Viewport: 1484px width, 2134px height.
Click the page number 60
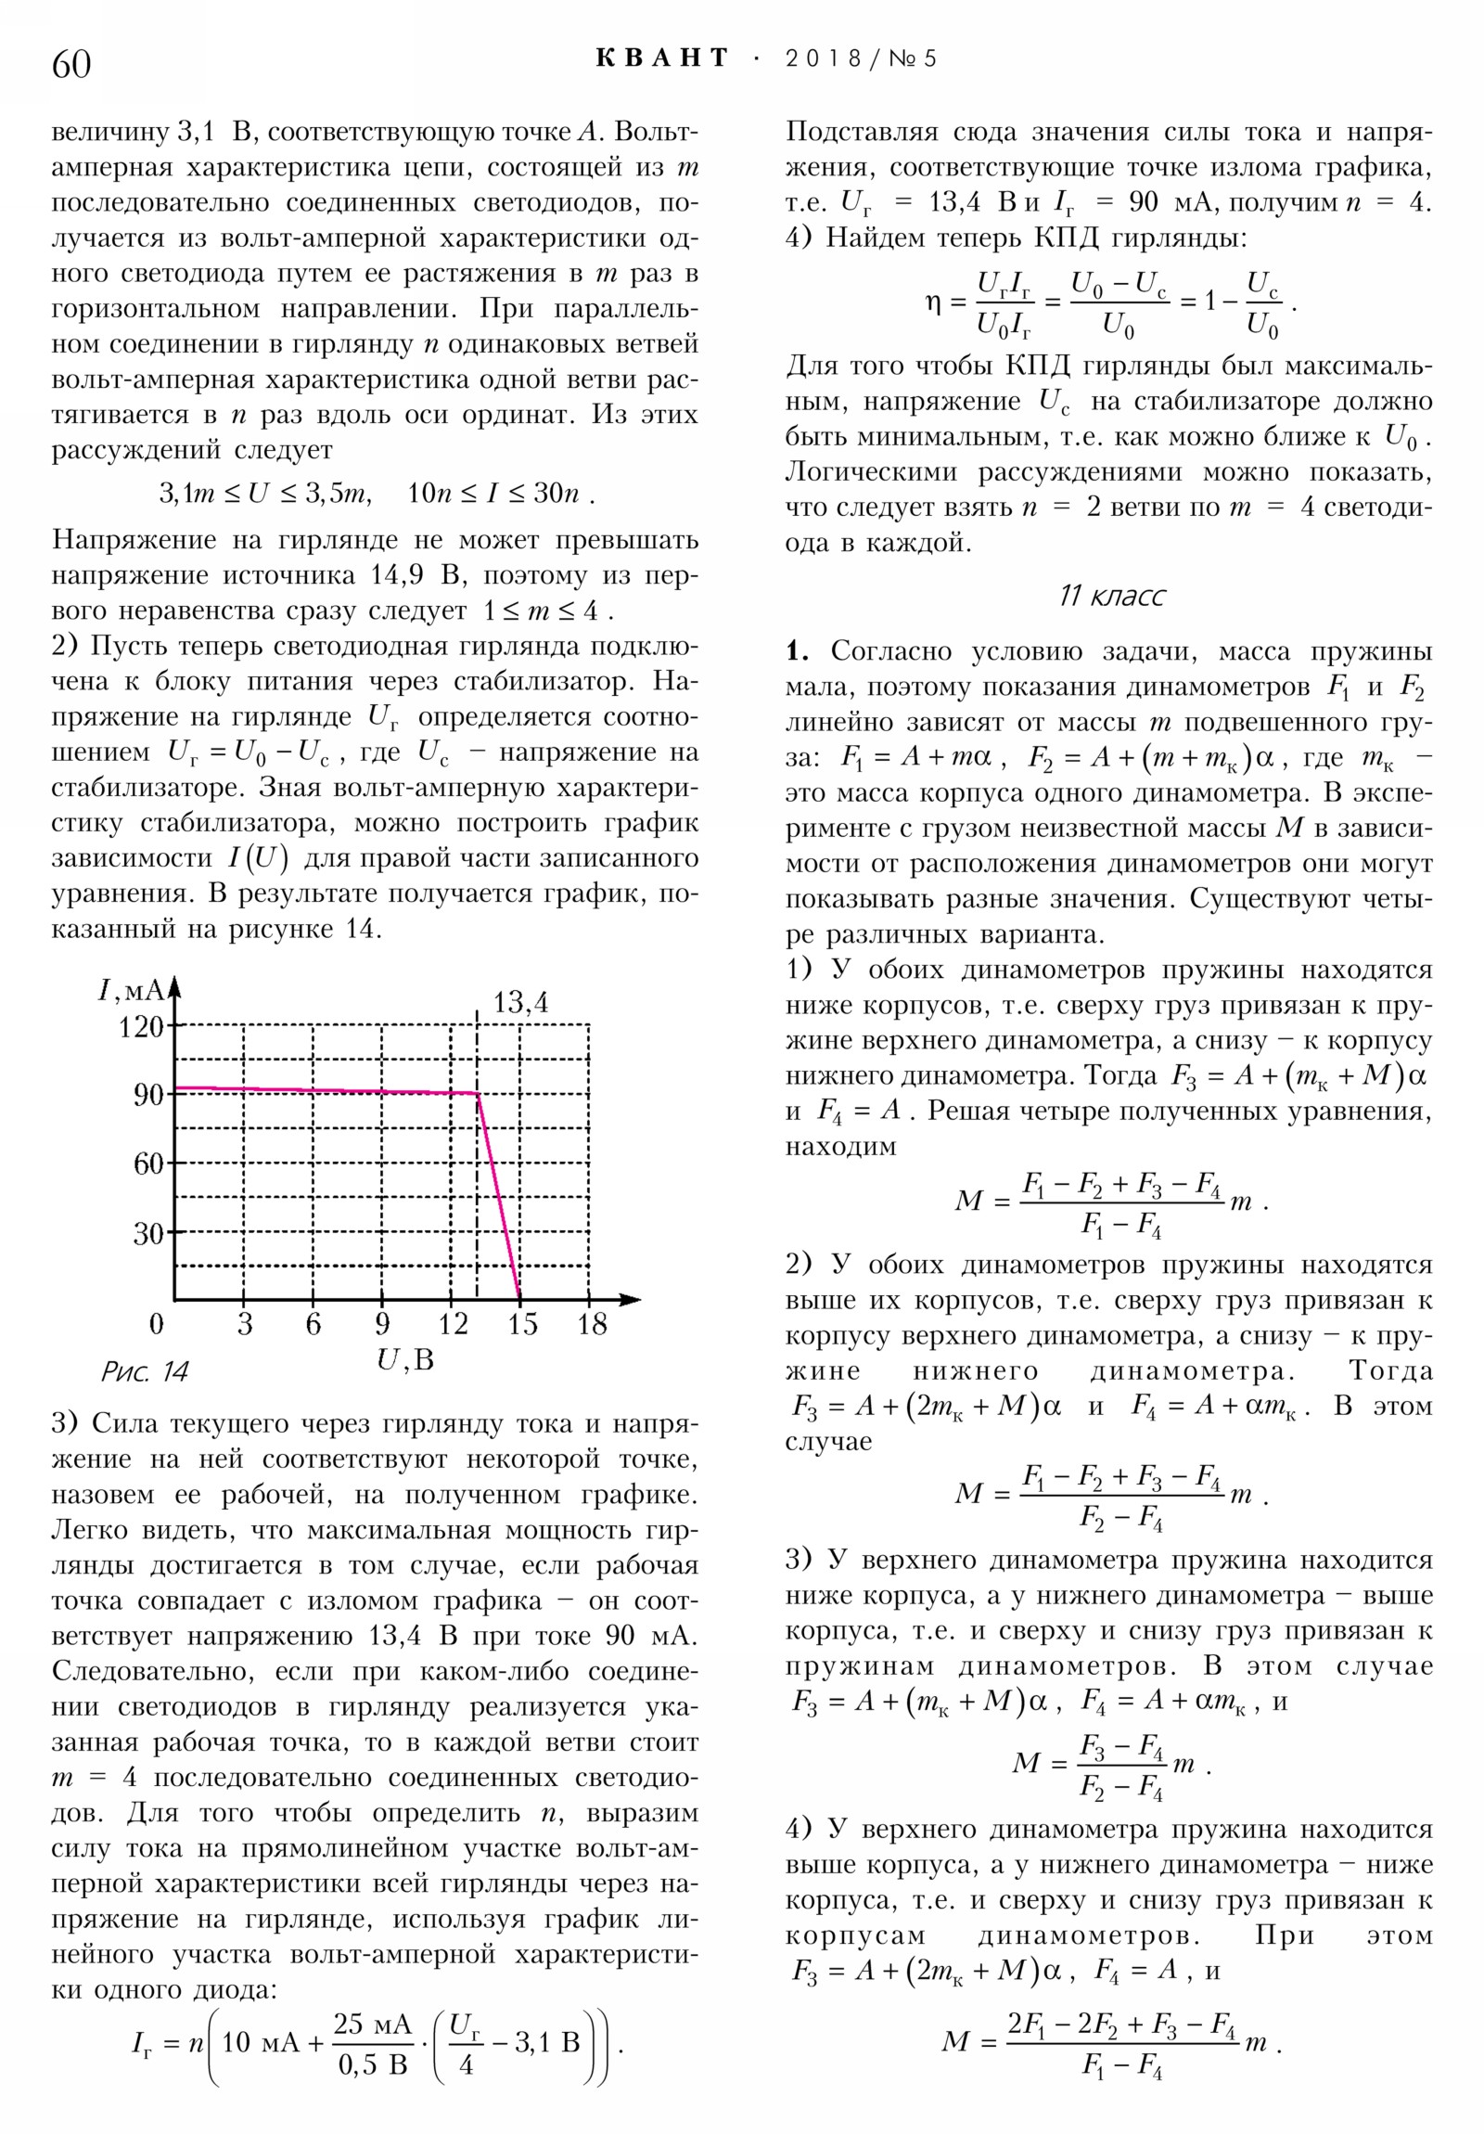click(70, 64)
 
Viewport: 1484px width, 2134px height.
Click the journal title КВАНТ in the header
click(661, 58)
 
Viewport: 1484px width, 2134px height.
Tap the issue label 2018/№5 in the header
click(861, 58)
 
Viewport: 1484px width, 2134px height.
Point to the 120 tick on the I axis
click(141, 1026)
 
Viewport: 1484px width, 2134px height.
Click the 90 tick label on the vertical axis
click(148, 1095)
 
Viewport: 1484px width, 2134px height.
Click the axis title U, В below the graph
click(405, 1360)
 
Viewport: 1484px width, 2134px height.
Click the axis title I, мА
click(131, 989)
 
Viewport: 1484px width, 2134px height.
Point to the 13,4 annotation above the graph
click(520, 1002)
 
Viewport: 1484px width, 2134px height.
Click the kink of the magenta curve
click(478, 1093)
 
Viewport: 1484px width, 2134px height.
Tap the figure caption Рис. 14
click(144, 1372)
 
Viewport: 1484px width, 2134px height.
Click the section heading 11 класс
click(1111, 595)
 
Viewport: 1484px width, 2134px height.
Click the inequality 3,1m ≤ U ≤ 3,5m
click(265, 493)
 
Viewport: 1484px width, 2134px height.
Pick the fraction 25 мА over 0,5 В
click(372, 2042)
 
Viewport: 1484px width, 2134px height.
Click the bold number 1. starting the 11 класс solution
click(797, 650)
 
